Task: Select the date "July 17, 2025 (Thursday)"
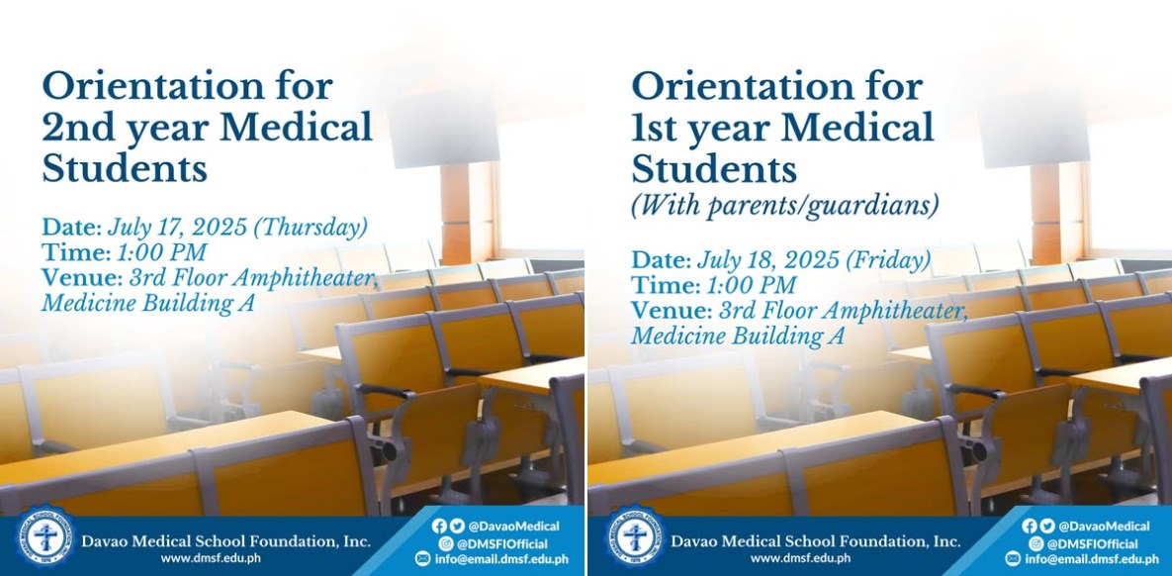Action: tap(237, 227)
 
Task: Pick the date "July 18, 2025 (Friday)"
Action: tap(814, 260)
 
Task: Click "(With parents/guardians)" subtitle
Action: tap(785, 205)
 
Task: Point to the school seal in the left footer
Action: tap(45, 537)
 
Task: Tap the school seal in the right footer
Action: tap(635, 537)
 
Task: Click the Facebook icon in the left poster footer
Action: tap(438, 526)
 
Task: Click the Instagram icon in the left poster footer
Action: tap(447, 543)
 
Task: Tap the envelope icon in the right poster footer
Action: tap(1013, 558)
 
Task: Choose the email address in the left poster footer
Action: tap(501, 558)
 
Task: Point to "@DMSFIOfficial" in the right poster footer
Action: tap(1092, 543)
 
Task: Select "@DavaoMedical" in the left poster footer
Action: tap(513, 526)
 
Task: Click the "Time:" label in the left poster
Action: tap(75, 252)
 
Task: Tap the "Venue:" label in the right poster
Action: tap(672, 311)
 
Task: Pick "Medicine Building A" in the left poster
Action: tap(148, 303)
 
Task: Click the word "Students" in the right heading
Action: tap(714, 169)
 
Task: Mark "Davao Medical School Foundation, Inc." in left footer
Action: tap(225, 540)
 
